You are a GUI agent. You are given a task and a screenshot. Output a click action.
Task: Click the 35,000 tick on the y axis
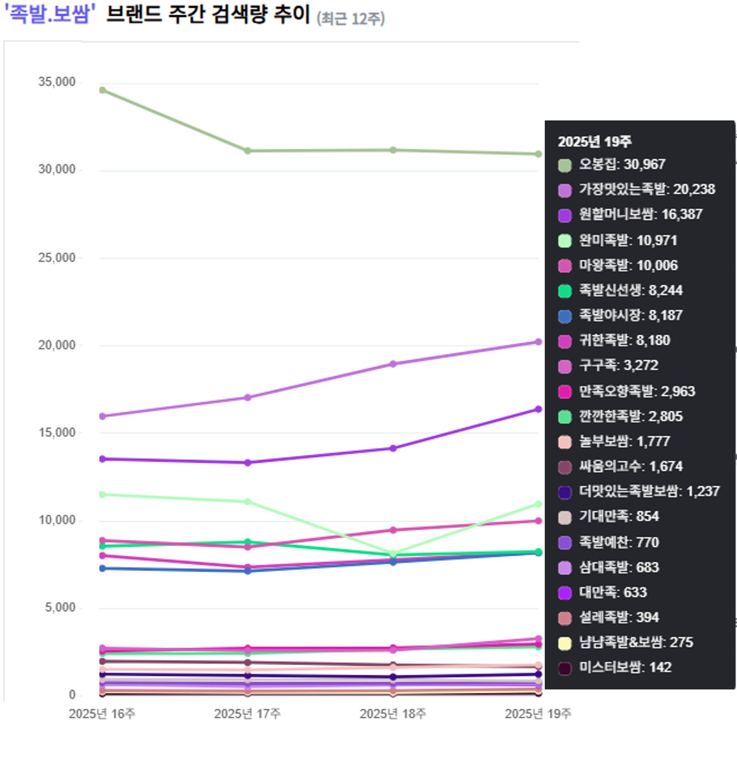pyautogui.click(x=57, y=82)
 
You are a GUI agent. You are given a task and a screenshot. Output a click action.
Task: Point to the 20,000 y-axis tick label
pyautogui.click(x=57, y=345)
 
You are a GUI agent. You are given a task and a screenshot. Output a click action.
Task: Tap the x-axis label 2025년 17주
pyautogui.click(x=247, y=714)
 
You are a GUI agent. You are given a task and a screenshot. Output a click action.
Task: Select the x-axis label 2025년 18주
pyautogui.click(x=393, y=714)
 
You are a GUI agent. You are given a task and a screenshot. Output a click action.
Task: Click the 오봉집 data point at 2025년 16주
pyautogui.click(x=103, y=90)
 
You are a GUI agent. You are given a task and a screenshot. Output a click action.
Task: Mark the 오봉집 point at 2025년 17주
pyautogui.click(x=248, y=151)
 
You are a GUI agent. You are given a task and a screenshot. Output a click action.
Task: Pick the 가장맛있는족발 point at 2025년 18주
pyautogui.click(x=393, y=364)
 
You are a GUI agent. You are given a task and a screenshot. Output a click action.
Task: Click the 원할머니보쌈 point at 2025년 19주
pyautogui.click(x=538, y=409)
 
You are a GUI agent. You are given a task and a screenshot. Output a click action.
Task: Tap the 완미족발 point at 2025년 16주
pyautogui.click(x=103, y=494)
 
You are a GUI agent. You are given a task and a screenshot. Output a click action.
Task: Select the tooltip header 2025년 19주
pyautogui.click(x=594, y=141)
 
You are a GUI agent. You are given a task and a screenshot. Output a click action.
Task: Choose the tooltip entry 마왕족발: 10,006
pyautogui.click(x=628, y=265)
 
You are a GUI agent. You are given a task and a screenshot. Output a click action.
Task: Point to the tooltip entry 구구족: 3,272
pyautogui.click(x=619, y=365)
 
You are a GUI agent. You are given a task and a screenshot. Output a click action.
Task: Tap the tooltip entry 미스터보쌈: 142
pyautogui.click(x=625, y=667)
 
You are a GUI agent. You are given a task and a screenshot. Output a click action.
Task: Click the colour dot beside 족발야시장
pyautogui.click(x=565, y=316)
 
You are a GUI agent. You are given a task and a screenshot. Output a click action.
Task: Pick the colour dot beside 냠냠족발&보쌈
pyautogui.click(x=565, y=643)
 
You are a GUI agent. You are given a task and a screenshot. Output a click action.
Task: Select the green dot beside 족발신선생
pyautogui.click(x=565, y=291)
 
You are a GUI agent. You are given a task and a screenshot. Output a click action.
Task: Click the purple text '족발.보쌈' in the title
pyautogui.click(x=49, y=15)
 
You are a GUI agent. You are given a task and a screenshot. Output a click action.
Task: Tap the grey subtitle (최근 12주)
pyautogui.click(x=351, y=19)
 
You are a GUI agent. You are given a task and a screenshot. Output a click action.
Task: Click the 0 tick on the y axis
pyautogui.click(x=72, y=694)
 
